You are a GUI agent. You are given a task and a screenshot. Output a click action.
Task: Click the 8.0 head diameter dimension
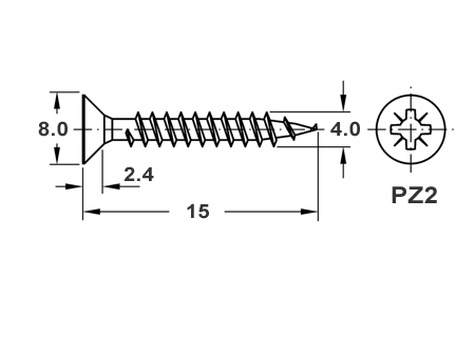click(53, 129)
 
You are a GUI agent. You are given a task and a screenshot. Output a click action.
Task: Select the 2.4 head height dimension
click(139, 175)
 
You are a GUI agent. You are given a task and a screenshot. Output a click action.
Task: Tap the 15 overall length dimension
click(198, 211)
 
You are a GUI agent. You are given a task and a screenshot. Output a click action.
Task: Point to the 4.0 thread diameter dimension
click(345, 129)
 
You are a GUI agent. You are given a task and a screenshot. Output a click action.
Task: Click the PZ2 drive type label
click(414, 195)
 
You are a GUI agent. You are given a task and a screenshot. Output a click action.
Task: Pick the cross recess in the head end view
click(411, 129)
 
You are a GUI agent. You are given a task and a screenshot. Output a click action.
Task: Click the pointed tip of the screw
click(316, 127)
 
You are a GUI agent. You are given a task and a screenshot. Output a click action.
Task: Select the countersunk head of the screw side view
click(93, 129)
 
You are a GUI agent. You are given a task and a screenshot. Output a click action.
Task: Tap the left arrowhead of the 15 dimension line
click(91, 211)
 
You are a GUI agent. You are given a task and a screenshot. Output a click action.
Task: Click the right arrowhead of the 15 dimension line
click(309, 211)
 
